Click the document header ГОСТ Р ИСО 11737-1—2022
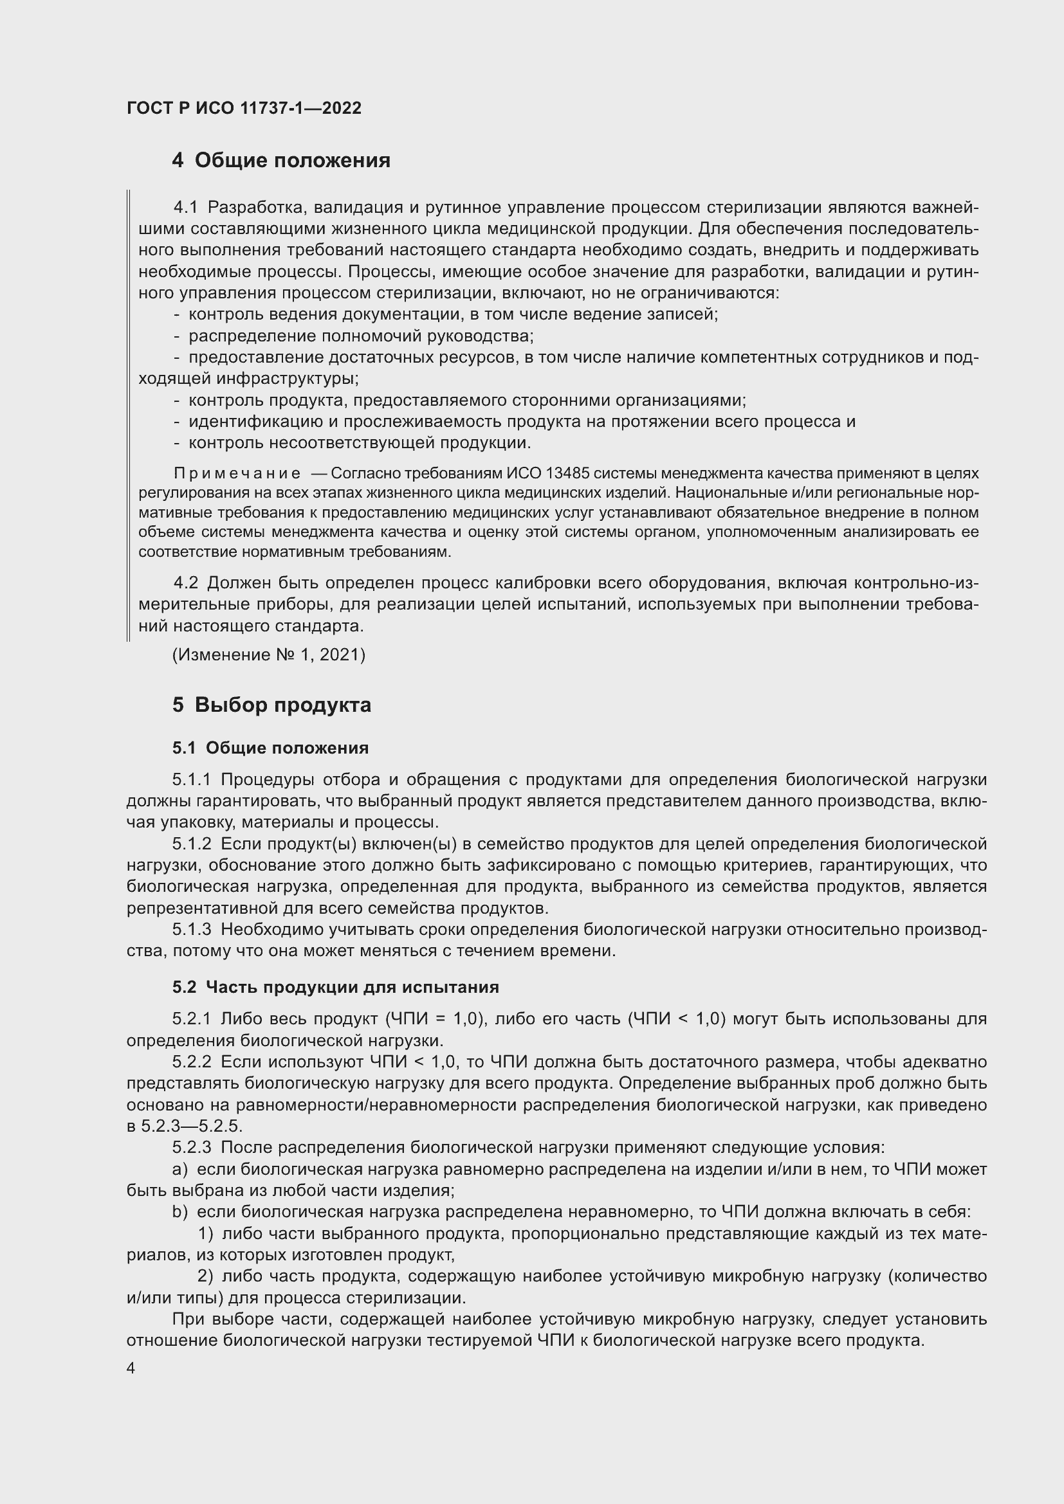click(x=244, y=108)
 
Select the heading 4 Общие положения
click(x=281, y=161)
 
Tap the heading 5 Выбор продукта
click(x=272, y=705)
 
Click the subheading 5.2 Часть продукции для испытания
click(x=335, y=987)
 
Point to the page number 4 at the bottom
click(x=131, y=1368)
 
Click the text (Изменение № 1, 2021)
click(x=269, y=655)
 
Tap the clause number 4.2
click(x=185, y=583)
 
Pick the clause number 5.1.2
click(x=192, y=844)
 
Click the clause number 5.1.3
click(x=192, y=930)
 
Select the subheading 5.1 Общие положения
click(x=271, y=748)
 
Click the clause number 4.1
click(x=185, y=208)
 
